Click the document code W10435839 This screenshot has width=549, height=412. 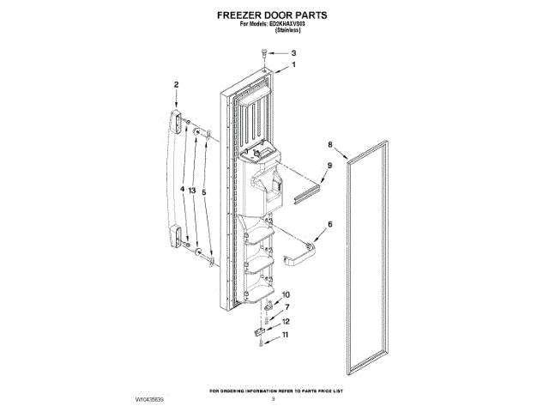point(149,400)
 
